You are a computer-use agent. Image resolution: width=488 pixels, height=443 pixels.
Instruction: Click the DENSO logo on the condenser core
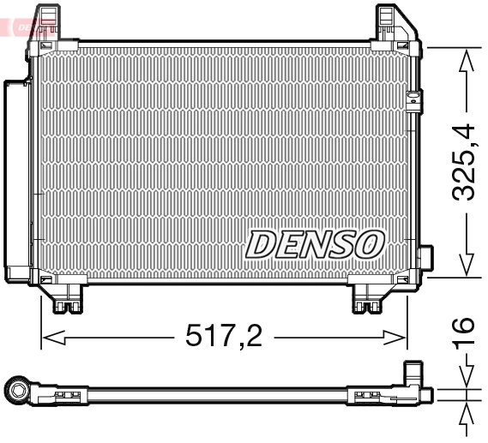314,243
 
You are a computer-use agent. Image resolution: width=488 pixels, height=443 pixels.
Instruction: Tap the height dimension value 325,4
464,163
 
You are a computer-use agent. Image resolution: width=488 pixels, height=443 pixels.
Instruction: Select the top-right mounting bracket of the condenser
394,21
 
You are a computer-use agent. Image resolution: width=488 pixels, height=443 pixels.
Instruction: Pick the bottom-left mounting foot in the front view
65,298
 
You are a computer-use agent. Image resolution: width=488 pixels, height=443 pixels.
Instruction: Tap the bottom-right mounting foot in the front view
371,298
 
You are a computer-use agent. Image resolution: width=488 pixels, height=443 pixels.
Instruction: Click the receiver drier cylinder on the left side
17,180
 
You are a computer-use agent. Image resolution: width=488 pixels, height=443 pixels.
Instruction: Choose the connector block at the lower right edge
425,259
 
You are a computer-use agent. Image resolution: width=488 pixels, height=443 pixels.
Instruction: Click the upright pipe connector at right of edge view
413,378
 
